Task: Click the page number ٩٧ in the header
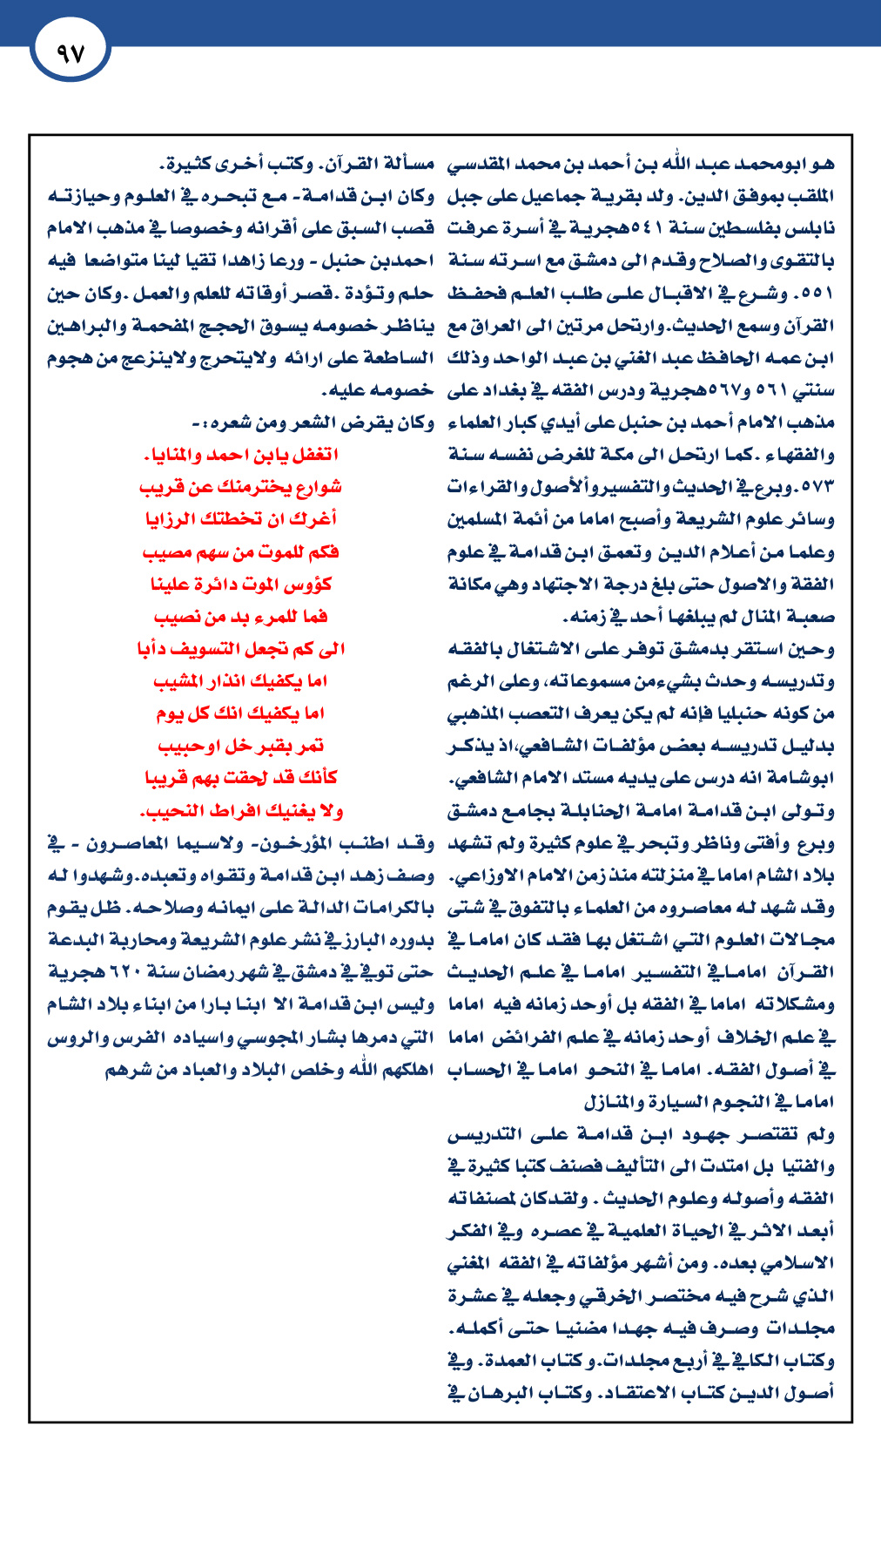point(70,53)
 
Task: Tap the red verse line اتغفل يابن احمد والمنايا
point(241,455)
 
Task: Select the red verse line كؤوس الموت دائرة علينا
point(241,584)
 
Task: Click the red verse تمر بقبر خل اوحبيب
point(241,746)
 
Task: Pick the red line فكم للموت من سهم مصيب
point(241,552)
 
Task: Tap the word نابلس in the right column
point(815,228)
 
